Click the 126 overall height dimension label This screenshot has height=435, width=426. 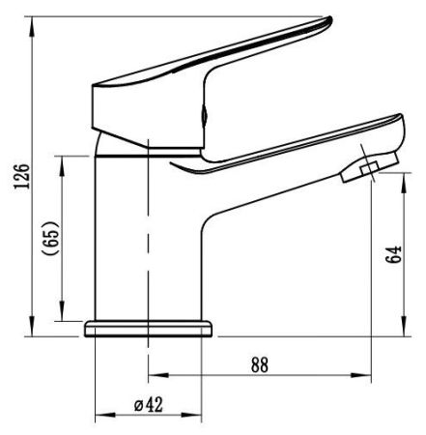point(22,176)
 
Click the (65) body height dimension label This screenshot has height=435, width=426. point(51,238)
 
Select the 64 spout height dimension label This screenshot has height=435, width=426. point(395,255)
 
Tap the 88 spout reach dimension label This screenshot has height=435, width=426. point(260,364)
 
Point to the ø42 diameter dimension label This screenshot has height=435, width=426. point(148,404)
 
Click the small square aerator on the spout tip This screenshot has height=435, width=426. point(369,168)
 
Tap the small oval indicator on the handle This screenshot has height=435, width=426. point(204,114)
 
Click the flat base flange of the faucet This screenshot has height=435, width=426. point(149,329)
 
